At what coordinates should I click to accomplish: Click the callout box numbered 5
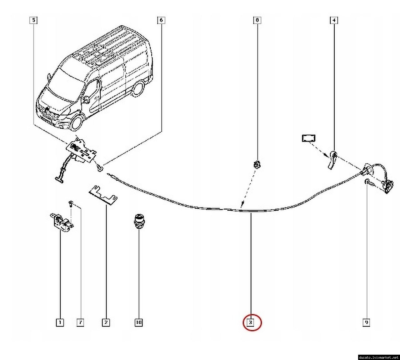coord(33,20)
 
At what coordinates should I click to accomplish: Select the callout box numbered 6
coord(161,20)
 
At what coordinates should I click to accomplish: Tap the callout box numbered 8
coord(257,20)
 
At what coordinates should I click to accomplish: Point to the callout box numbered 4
coord(334,20)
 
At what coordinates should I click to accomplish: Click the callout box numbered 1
coord(60,322)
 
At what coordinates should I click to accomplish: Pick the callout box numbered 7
coord(80,322)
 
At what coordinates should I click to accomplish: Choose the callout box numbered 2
coord(106,322)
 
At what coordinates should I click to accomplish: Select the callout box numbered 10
coord(138,322)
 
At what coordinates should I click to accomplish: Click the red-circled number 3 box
coord(251,322)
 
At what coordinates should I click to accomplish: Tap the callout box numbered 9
coord(366,322)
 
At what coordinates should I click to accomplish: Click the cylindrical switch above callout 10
coord(138,221)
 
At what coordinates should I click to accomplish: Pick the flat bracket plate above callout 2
coord(103,195)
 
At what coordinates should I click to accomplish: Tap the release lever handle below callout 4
coord(332,159)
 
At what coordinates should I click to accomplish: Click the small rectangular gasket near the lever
coord(308,138)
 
